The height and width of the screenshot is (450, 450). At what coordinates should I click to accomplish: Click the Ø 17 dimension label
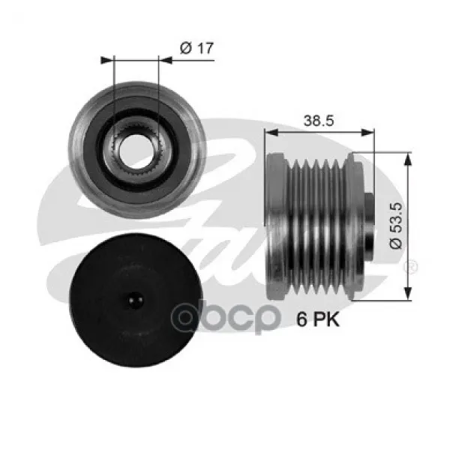coord(196,48)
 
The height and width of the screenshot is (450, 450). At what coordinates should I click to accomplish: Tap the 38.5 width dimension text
coord(319,121)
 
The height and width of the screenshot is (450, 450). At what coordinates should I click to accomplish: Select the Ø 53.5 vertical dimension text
coord(396,226)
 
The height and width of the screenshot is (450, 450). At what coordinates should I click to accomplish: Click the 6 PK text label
coord(318,319)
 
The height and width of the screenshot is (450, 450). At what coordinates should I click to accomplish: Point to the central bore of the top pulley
coord(136,151)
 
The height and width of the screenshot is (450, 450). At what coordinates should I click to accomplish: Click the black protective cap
coord(136,301)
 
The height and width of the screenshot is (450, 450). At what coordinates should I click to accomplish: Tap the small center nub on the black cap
coord(136,300)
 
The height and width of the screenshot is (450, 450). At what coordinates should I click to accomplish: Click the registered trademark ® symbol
coord(410,266)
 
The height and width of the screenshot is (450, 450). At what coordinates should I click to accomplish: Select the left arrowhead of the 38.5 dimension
coord(271,132)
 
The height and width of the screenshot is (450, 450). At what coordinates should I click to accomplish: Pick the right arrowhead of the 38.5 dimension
coord(367,132)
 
